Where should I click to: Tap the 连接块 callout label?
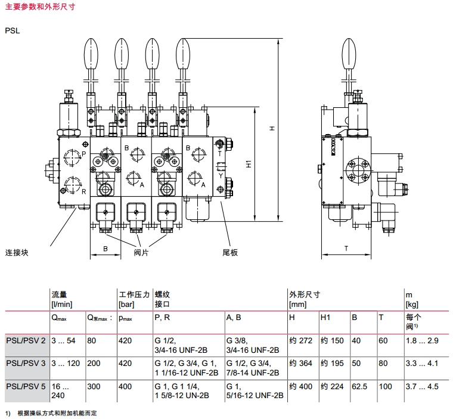(x=17, y=252)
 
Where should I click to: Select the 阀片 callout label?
(x=141, y=252)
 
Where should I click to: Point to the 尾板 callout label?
(x=230, y=252)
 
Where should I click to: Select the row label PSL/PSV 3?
(x=26, y=362)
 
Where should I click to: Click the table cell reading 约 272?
(x=300, y=340)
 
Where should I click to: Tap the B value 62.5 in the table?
(x=359, y=386)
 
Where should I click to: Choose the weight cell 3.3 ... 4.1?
(x=422, y=362)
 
